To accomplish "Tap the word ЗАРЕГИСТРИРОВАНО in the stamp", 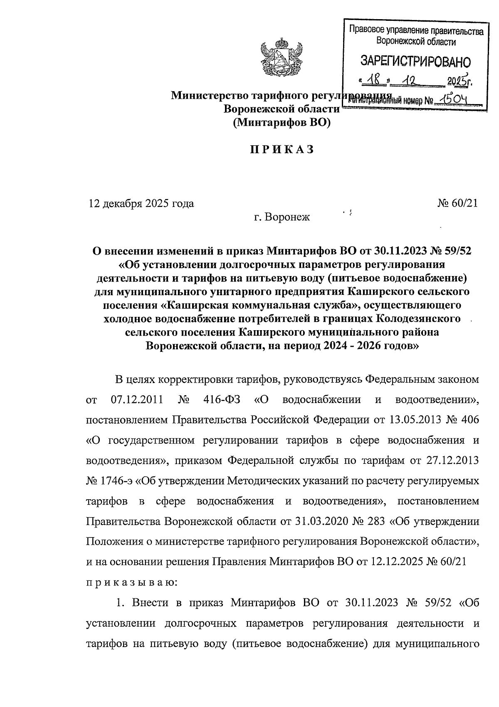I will pyautogui.click(x=415, y=62).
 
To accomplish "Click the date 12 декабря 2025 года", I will pyautogui.click(x=141, y=204).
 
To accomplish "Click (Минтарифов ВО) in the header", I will pyautogui.click(x=282, y=122).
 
